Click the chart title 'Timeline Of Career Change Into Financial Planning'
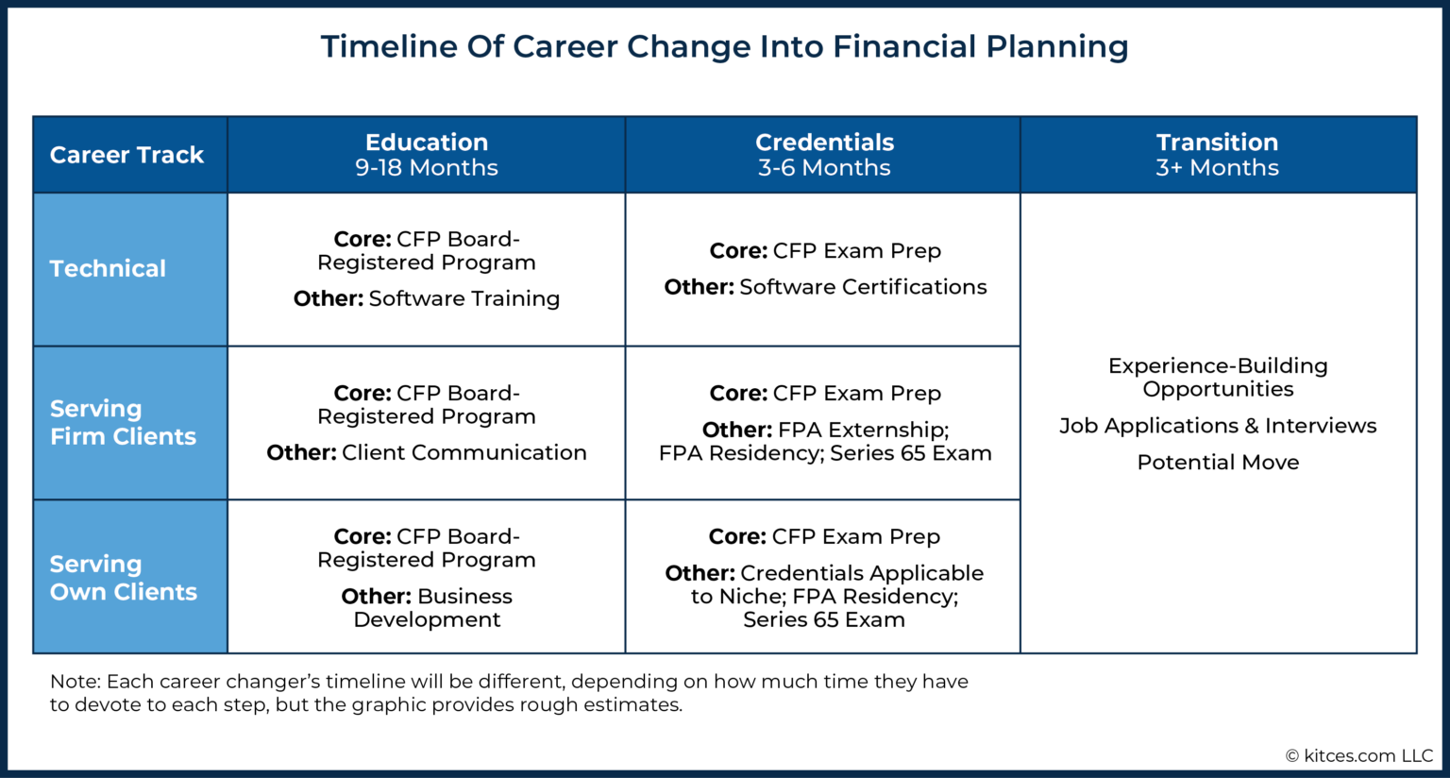[x=724, y=46]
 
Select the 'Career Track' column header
[x=126, y=155]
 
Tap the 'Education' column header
[x=427, y=143]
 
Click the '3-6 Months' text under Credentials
[x=824, y=168]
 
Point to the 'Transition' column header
[x=1217, y=143]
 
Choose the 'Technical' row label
[x=108, y=269]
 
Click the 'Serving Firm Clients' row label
[x=123, y=422]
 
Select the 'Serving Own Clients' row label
[x=123, y=578]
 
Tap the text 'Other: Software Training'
[x=427, y=298]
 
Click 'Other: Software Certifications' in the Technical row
[x=825, y=287]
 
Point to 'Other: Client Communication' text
[x=427, y=452]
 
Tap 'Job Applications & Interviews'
[x=1218, y=426]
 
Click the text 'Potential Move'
[x=1218, y=463]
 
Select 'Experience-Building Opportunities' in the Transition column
[x=1218, y=378]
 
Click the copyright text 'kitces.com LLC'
[x=1368, y=755]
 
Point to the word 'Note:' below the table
[x=76, y=682]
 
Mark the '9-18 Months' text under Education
[x=427, y=168]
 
